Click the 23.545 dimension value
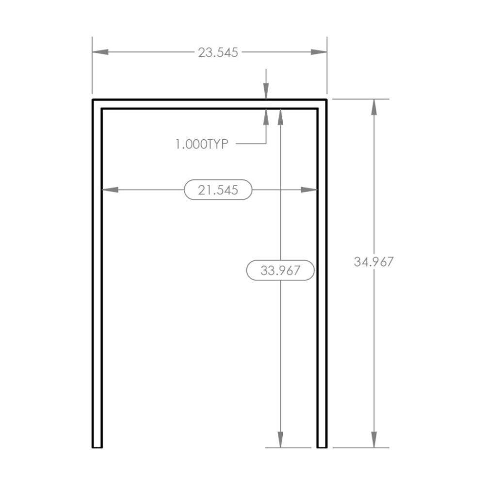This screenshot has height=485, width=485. point(218,52)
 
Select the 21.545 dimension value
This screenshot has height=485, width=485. point(218,190)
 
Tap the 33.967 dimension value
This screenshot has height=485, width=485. point(280,270)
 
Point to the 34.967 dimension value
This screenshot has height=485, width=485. point(373,262)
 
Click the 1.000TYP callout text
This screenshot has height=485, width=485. point(202,144)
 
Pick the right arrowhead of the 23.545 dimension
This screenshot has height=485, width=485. point(319,52)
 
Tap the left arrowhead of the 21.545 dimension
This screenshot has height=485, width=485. point(110,190)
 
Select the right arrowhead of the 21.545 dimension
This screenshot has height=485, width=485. point(309,190)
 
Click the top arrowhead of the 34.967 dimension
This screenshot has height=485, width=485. point(374,107)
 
